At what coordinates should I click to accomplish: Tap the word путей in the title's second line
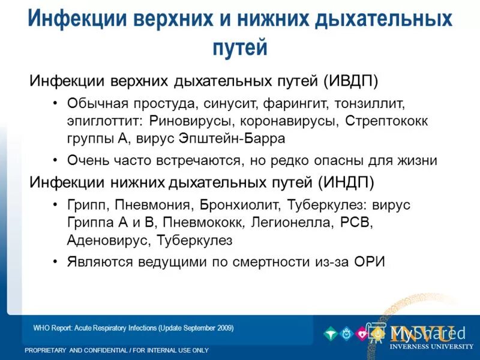point(239,48)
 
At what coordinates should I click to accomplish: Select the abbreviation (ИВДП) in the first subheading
point(352,80)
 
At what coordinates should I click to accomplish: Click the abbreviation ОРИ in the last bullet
point(368,262)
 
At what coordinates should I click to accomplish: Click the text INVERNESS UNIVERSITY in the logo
point(431,346)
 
